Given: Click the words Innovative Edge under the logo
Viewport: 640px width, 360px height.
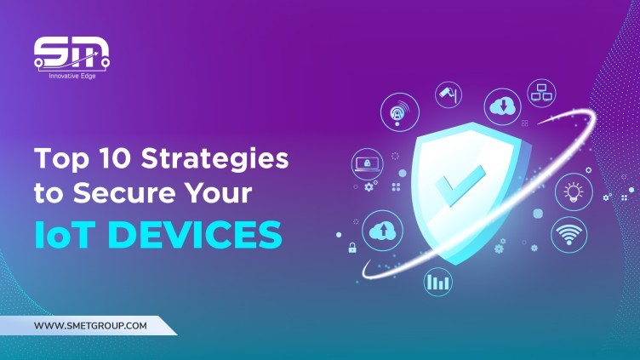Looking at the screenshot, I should (x=71, y=77).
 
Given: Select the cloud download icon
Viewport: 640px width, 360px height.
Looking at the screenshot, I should (x=501, y=107).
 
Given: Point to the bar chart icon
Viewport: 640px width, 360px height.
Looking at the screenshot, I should (x=439, y=281).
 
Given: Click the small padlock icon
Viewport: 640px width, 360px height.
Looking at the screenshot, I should (x=351, y=249).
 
